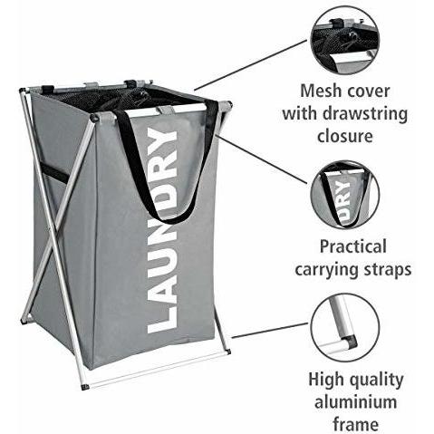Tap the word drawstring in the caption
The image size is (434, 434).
tap(364, 114)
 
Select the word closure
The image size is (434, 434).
tap(344, 136)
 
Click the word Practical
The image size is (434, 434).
tap(352, 246)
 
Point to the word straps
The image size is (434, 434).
tap(388, 269)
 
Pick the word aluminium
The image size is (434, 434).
tap(355, 402)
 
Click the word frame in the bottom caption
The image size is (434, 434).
tap(355, 424)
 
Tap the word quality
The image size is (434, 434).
tap(374, 381)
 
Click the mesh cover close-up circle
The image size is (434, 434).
tap(345, 40)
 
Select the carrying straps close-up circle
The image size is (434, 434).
tap(345, 195)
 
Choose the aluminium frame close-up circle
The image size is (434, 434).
tap(345, 327)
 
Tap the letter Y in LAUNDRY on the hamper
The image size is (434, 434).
tap(161, 140)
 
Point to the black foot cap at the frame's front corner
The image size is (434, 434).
tap(85, 386)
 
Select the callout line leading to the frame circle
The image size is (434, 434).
tap(270, 331)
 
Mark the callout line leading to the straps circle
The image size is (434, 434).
tap(262, 159)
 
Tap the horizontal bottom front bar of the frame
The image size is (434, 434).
tap(157, 369)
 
